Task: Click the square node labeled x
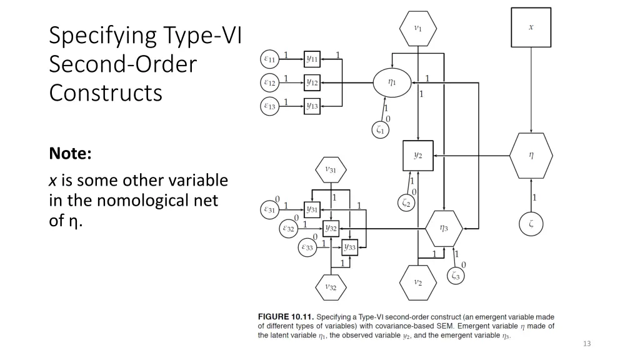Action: click(531, 27)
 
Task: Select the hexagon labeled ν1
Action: click(417, 28)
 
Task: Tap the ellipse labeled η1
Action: click(392, 82)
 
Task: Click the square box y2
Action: click(417, 156)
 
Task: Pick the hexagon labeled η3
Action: click(444, 229)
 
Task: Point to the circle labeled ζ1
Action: click(380, 130)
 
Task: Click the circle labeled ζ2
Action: click(406, 202)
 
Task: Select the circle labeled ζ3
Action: click(456, 276)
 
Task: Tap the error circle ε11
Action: click(269, 59)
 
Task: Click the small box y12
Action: click(312, 82)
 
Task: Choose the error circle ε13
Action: click(269, 106)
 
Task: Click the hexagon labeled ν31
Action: click(330, 169)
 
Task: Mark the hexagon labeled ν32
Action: click(330, 287)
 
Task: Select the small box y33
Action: click(349, 247)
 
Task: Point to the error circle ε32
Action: click(289, 229)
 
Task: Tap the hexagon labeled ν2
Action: click(417, 282)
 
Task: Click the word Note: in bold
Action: click(71, 153)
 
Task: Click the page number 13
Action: click(586, 343)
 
